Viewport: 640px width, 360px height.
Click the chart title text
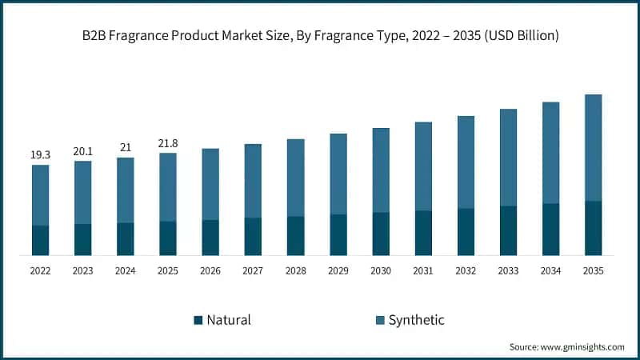[320, 36]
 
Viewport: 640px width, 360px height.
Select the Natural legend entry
[228, 320]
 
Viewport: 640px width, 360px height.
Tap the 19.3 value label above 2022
[40, 154]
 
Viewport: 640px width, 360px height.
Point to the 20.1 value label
[82, 150]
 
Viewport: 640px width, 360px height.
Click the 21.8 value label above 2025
[167, 142]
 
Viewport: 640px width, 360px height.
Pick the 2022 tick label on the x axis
[40, 271]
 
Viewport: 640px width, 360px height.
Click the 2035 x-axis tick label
[592, 271]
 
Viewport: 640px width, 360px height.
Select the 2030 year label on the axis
[380, 271]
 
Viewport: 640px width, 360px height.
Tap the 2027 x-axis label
[253, 271]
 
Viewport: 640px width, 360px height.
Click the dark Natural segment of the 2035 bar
[592, 228]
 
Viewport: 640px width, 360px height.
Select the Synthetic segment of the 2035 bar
[592, 148]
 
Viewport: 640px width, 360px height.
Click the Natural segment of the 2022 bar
[40, 240]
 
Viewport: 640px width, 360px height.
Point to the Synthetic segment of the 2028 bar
[295, 178]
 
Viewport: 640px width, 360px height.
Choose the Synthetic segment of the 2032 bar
[465, 162]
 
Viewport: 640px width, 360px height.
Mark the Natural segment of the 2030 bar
[380, 234]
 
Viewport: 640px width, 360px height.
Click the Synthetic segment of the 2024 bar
[125, 190]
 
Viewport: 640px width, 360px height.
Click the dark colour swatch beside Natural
[198, 320]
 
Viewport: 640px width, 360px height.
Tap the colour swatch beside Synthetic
[380, 320]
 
